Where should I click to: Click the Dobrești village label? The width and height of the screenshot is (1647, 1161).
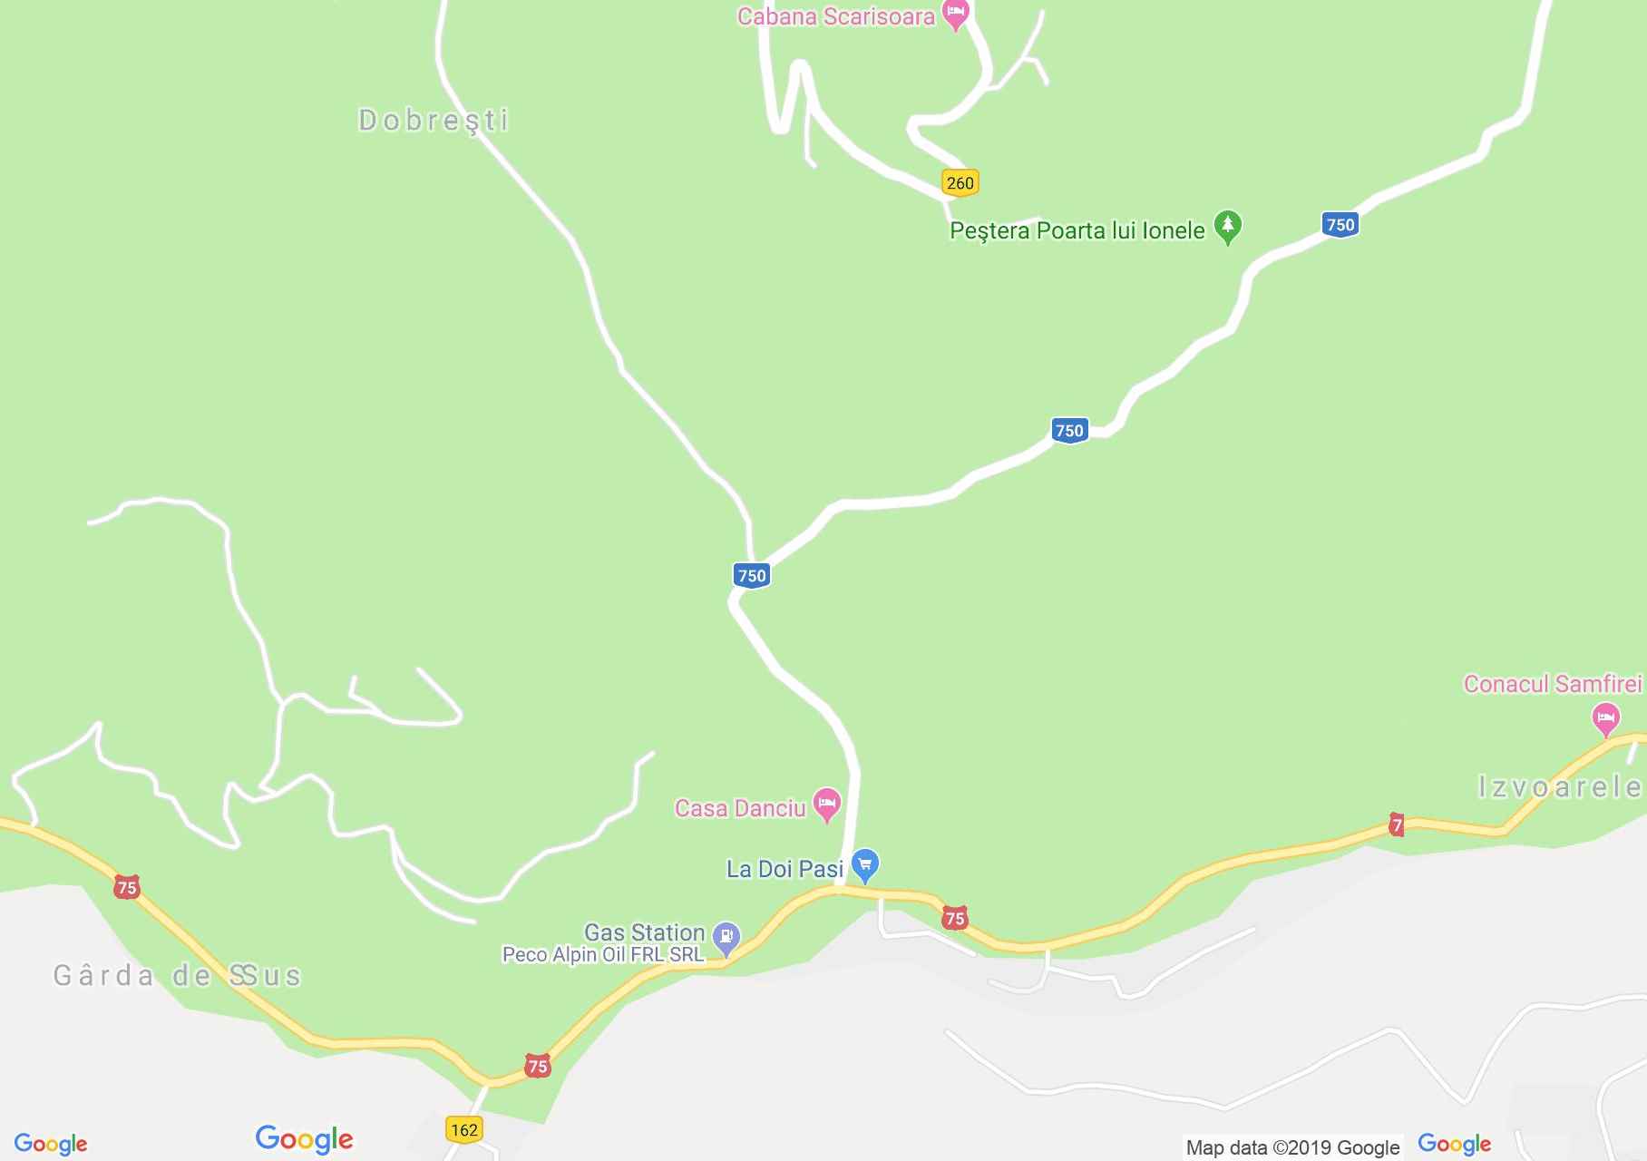(434, 120)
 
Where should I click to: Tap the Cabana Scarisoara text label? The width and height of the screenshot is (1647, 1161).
(835, 16)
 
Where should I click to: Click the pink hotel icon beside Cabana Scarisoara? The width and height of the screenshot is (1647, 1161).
(955, 15)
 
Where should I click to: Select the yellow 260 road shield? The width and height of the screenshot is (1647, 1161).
(960, 182)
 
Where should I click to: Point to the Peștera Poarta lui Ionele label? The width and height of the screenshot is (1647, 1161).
(1077, 230)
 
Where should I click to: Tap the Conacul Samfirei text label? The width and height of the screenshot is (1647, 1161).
(1552, 684)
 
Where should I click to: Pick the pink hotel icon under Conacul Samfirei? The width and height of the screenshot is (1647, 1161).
(1605, 720)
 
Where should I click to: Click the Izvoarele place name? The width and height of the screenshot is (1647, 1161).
(1560, 786)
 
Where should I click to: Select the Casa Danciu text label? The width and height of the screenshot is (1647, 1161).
(739, 808)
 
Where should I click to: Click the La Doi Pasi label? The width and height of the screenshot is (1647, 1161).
(785, 869)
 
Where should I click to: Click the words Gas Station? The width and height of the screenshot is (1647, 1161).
(644, 932)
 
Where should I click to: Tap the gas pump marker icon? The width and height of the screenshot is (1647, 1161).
(726, 937)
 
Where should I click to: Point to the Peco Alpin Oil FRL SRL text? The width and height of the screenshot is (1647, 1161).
(603, 954)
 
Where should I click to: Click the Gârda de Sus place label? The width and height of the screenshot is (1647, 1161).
(177, 976)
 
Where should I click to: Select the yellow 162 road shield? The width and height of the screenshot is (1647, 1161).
(463, 1129)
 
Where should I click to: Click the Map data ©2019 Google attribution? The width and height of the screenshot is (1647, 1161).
(1292, 1147)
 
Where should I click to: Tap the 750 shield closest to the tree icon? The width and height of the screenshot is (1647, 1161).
(1340, 224)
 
